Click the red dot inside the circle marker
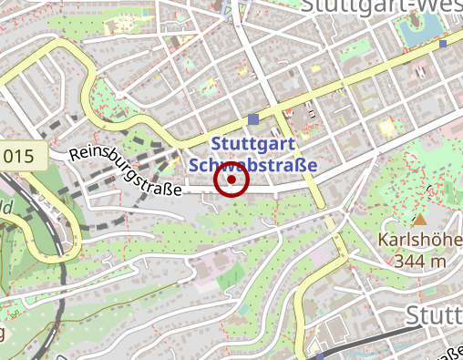[x=231, y=180]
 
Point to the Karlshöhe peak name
[x=420, y=242]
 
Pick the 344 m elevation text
[x=420, y=261]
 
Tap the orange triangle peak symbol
[x=420, y=221]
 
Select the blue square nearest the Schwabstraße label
[x=253, y=119]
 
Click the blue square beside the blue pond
[x=443, y=43]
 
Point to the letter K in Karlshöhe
[x=383, y=242]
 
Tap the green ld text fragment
[x=4, y=207]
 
